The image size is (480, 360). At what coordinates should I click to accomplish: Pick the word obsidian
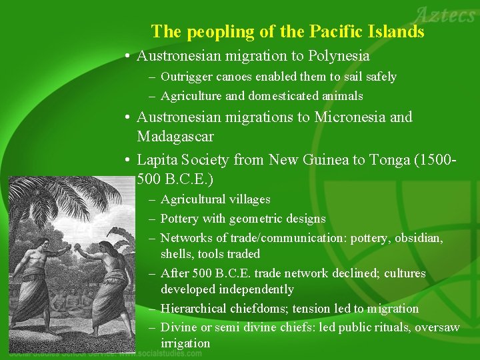click(415, 238)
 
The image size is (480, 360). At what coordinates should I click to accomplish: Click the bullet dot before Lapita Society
click(127, 161)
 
